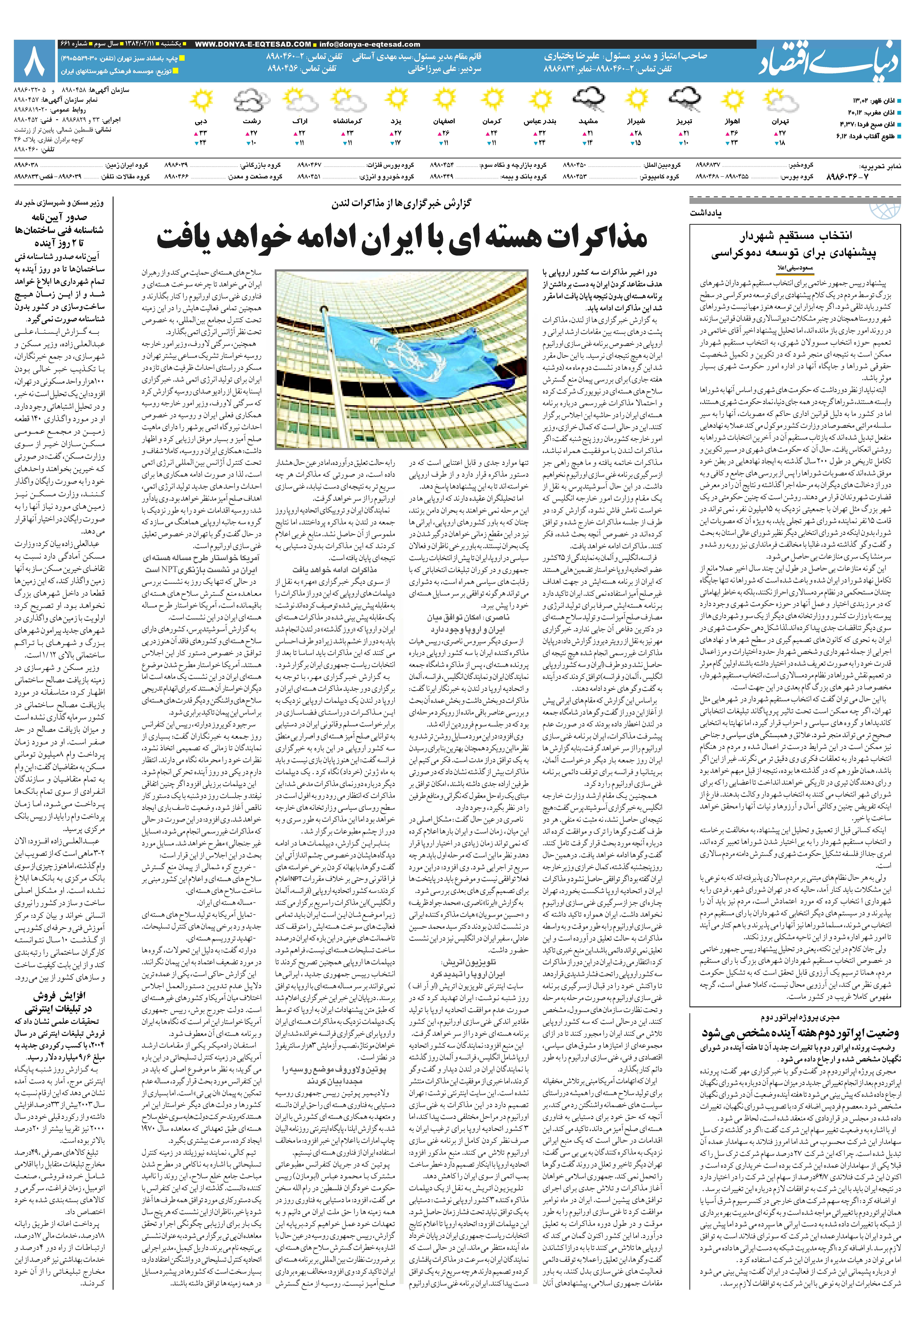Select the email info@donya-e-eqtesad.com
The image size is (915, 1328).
point(370,44)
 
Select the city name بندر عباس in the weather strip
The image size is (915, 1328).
point(541,122)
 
